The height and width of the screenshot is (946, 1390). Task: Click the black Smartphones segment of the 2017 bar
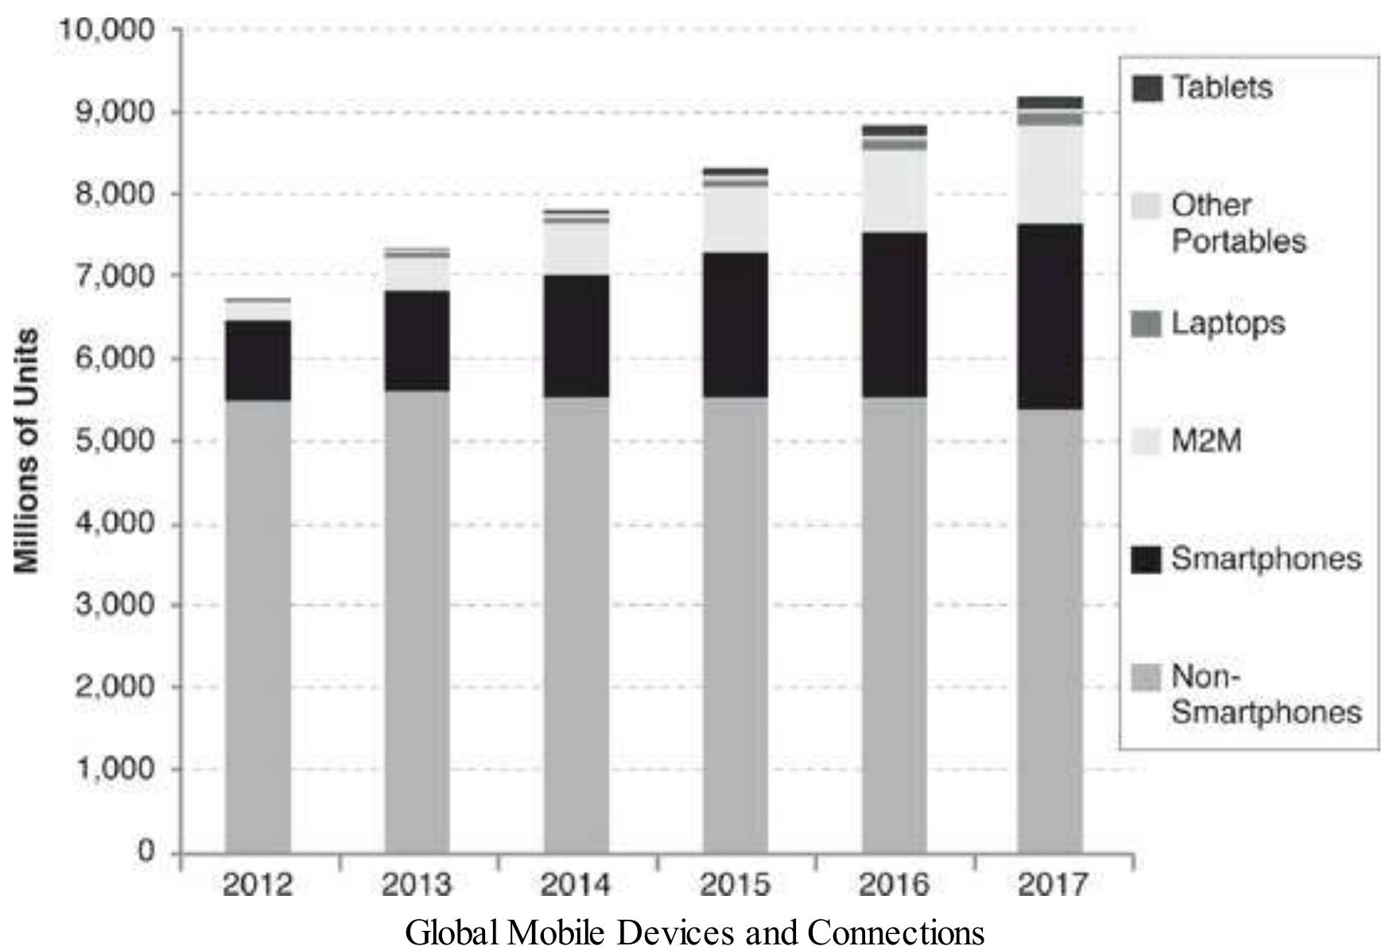coord(1050,317)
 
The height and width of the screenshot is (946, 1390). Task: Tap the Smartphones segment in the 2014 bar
coord(577,336)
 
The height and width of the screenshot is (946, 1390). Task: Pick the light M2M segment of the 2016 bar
coord(895,191)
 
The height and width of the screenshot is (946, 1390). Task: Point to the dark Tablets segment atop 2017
coord(1050,102)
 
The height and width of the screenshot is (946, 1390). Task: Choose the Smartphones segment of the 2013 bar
coord(417,341)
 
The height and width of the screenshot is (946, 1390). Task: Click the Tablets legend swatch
coord(1146,88)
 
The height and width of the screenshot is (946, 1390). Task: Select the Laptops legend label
coord(1228,324)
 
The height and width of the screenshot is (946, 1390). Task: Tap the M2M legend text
coord(1206,441)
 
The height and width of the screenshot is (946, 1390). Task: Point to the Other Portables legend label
coord(1238,224)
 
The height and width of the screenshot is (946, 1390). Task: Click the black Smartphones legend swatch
coord(1146,559)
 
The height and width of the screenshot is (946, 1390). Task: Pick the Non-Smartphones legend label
coord(1265,695)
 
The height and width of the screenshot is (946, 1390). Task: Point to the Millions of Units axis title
coord(26,450)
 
